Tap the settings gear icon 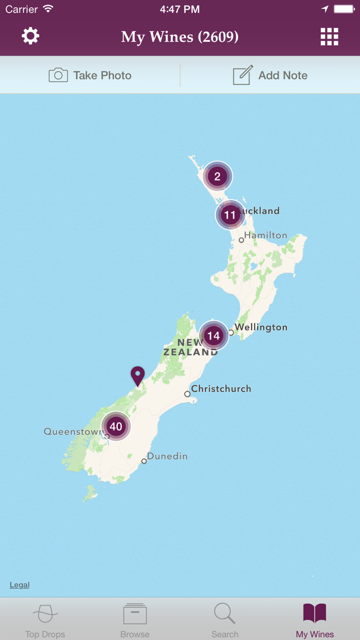tap(30, 36)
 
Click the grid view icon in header tap(329, 37)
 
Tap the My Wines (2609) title tap(179, 37)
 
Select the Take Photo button tap(90, 75)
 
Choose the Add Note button tap(270, 75)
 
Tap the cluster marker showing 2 tap(218, 176)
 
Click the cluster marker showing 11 tap(230, 215)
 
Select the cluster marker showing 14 tap(213, 336)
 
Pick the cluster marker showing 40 tap(116, 426)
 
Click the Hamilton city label tap(265, 235)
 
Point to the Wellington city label tap(261, 327)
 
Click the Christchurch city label tap(221, 388)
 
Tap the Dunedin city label tap(167, 456)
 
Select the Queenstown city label tap(73, 432)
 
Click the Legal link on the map tap(20, 585)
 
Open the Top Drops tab tap(45, 620)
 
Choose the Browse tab tap(135, 620)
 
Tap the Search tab tap(225, 620)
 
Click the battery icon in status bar tap(343, 9)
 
